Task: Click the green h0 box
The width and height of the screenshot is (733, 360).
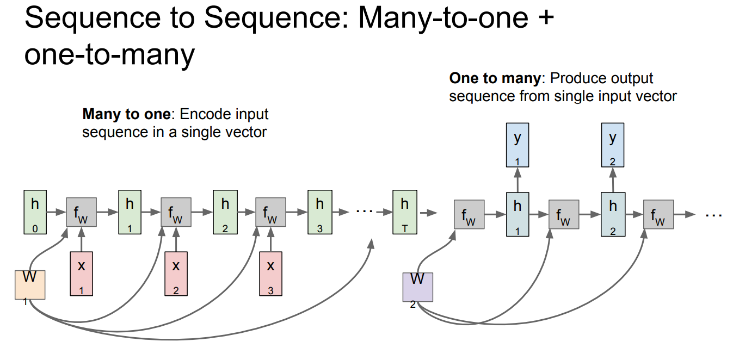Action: (35, 212)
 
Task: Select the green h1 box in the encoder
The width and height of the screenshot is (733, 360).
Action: (130, 212)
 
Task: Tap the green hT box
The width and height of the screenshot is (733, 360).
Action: (405, 212)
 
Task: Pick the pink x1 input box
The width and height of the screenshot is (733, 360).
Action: (82, 274)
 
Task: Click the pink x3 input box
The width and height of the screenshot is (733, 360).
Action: (270, 274)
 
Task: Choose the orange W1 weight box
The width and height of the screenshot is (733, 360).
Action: (30, 284)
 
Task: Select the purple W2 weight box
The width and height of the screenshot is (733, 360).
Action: (417, 287)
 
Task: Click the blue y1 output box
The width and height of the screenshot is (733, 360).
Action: (518, 145)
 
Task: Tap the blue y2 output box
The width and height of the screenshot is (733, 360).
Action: (613, 145)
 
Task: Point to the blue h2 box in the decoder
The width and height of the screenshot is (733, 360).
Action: (613, 214)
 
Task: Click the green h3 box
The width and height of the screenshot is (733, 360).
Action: (320, 212)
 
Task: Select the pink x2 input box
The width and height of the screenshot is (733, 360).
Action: (176, 274)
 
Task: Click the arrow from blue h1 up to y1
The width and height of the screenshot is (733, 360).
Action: (518, 180)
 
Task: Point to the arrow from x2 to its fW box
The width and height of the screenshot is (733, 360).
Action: (176, 239)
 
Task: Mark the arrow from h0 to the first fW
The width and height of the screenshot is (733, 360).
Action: (56, 212)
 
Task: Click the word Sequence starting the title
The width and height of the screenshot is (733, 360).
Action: (93, 18)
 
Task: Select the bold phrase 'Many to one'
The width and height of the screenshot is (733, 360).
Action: (126, 114)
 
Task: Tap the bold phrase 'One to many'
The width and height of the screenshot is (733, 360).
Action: (495, 78)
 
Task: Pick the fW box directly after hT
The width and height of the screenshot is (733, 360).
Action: (469, 214)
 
